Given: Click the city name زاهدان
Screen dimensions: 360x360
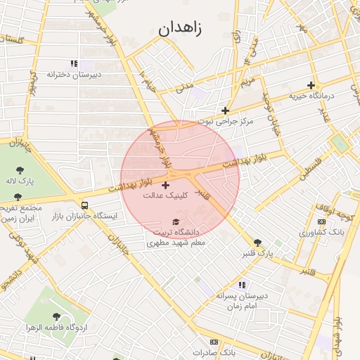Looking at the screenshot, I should pyautogui.click(x=180, y=29).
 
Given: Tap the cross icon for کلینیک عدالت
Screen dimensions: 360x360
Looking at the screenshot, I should pyautogui.click(x=165, y=186).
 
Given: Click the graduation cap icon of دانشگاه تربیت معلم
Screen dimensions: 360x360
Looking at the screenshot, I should pyautogui.click(x=175, y=221).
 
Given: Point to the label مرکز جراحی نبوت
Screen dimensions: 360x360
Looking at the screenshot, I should pyautogui.click(x=224, y=121).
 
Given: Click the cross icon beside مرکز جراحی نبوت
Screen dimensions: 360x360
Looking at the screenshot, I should pyautogui.click(x=225, y=110).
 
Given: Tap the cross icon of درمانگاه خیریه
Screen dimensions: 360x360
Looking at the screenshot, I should pyautogui.click(x=311, y=86).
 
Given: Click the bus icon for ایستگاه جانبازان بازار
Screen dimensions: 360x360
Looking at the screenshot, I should pyautogui.click(x=85, y=205).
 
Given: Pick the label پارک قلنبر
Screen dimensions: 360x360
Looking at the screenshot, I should pyautogui.click(x=257, y=252).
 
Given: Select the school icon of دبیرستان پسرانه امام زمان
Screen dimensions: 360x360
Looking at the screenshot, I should pyautogui.click(x=242, y=285).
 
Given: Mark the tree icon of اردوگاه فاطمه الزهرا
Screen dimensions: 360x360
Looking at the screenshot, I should pyautogui.click(x=56, y=317).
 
